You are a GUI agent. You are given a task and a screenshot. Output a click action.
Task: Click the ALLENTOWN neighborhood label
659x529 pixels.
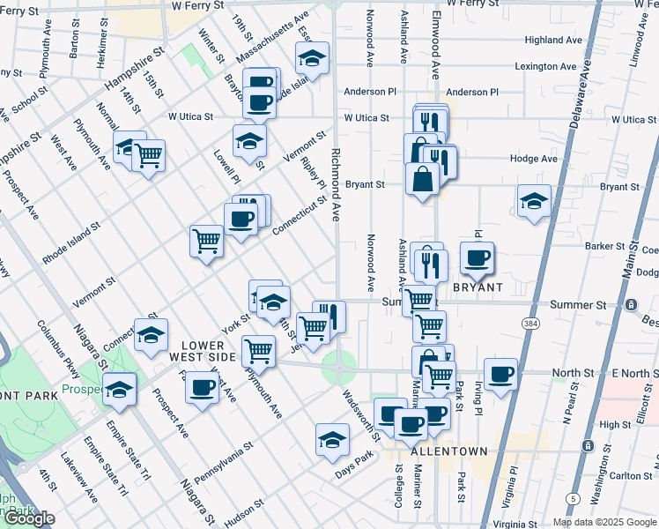coord(449,451)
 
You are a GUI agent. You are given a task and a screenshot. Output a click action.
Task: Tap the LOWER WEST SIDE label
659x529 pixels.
coord(207,351)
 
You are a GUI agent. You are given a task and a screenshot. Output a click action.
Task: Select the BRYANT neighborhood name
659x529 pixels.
coord(478,288)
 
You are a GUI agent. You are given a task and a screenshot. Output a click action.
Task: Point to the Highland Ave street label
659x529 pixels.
coord(553,40)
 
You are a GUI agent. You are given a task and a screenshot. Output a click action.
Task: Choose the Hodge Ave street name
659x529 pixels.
coord(534,159)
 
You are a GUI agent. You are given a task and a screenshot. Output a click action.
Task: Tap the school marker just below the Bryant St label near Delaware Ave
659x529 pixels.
coord(534,202)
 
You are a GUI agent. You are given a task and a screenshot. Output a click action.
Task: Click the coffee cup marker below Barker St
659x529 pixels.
coord(477,258)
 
